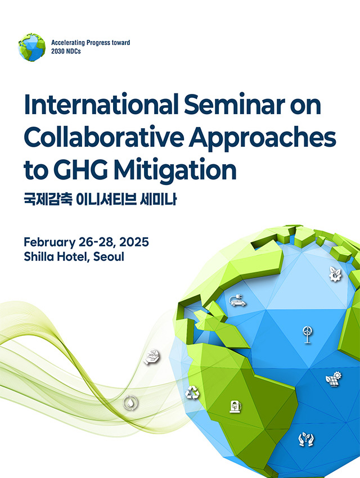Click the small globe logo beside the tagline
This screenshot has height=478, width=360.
(x=31, y=47)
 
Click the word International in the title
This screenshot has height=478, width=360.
(x=101, y=105)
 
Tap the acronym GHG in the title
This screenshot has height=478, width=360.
(x=81, y=169)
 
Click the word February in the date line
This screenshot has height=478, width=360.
(x=49, y=243)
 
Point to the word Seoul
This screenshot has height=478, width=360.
(x=109, y=256)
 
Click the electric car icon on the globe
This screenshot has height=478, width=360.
(x=237, y=300)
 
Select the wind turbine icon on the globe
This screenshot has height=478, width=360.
(x=307, y=335)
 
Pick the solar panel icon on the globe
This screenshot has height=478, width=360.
(x=334, y=380)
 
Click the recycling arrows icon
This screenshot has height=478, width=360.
(x=192, y=393)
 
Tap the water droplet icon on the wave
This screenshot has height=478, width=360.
(x=130, y=403)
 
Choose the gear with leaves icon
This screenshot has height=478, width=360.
(x=335, y=274)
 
